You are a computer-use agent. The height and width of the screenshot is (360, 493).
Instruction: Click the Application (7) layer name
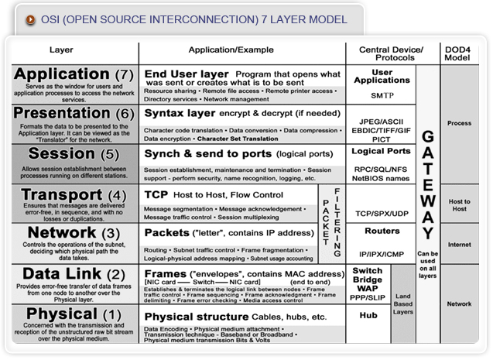tap(74, 74)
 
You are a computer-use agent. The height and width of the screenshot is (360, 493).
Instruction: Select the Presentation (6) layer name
tap(74, 114)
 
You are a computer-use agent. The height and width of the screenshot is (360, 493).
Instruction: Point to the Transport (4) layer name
tap(74, 194)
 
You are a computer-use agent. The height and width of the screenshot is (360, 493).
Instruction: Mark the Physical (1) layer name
tap(74, 314)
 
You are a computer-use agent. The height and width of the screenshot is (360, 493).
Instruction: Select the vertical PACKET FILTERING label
tap(330, 223)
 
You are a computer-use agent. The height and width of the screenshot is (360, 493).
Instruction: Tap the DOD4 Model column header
tap(459, 53)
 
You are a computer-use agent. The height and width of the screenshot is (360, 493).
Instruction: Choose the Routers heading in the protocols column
tap(381, 230)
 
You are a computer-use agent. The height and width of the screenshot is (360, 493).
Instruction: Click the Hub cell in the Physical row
tap(368, 316)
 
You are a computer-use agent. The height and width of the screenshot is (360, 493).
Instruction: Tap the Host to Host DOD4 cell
tap(459, 204)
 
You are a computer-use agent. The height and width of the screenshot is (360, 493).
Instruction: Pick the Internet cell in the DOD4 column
tap(459, 245)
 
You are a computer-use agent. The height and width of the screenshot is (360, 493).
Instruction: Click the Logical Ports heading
tap(381, 151)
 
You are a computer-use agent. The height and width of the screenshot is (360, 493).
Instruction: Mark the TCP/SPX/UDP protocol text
tap(381, 212)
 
